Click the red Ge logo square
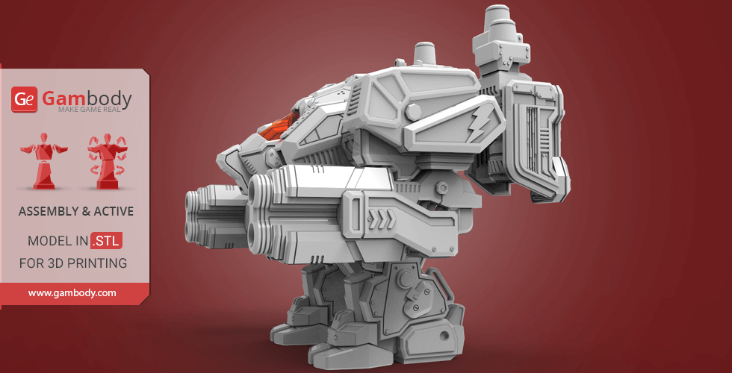click(x=25, y=100)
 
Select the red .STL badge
click(x=106, y=241)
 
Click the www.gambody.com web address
click(x=72, y=293)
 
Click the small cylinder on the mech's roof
click(x=425, y=53)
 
